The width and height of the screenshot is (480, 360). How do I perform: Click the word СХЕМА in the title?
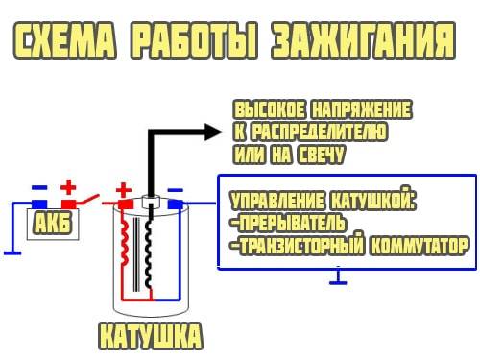[64, 40]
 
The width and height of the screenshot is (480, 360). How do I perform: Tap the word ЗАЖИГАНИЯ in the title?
[363, 40]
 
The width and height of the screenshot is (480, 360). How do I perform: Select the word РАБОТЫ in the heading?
[194, 40]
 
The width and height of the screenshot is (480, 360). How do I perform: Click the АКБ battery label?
[53, 223]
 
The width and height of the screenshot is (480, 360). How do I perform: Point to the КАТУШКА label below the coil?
[151, 336]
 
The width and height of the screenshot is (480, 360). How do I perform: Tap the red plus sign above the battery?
[68, 187]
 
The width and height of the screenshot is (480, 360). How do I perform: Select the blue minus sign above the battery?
[39, 187]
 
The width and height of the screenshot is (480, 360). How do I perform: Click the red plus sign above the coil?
[124, 190]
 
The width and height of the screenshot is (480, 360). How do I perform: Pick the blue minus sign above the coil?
[176, 190]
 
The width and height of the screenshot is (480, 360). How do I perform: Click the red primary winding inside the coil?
[125, 242]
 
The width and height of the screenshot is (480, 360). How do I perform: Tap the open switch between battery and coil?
[88, 200]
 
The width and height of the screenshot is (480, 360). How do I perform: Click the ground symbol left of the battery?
[12, 253]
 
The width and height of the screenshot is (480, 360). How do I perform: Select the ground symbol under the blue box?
[338, 277]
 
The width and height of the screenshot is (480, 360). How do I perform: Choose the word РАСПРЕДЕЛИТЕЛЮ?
[319, 132]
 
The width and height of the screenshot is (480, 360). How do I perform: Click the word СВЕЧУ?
[321, 155]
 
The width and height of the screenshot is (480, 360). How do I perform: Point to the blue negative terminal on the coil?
[176, 204]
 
